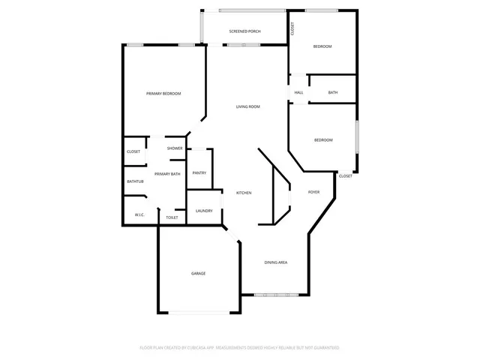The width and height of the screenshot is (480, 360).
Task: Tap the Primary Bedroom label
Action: [163, 93]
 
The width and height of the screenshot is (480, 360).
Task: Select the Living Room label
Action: [248, 106]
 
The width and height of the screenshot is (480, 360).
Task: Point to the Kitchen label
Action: [244, 193]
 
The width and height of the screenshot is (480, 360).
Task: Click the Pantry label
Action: [199, 173]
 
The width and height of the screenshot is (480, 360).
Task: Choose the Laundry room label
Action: [204, 211]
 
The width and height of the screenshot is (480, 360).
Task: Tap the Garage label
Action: [198, 273]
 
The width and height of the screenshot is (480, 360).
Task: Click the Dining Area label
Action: [276, 262]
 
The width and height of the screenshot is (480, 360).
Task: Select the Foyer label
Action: [313, 192]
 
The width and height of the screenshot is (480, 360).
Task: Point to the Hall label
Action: [298, 92]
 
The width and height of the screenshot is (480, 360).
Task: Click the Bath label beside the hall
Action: [333, 92]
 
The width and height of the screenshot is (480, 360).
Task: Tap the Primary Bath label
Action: [167, 174]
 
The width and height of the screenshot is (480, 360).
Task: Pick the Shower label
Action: [175, 148]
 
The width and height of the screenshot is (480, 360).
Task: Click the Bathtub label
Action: [135, 181]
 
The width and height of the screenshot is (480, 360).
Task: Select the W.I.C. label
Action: [139, 214]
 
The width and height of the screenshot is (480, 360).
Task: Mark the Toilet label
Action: [172, 217]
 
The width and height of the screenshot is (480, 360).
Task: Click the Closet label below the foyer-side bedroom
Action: [345, 176]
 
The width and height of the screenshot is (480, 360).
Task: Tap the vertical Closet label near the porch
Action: [292, 28]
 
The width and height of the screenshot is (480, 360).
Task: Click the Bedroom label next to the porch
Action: [322, 46]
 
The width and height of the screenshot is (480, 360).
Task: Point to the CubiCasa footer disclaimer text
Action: [240, 348]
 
